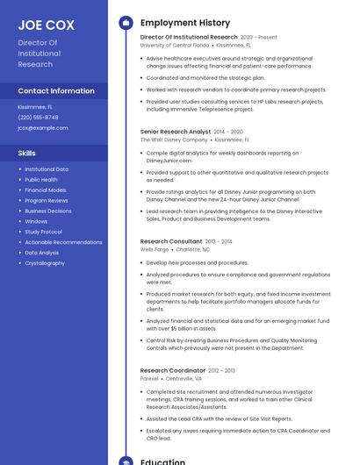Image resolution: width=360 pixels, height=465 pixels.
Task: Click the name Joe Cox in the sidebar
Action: [46, 25]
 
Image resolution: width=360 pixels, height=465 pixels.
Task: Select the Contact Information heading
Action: [56, 90]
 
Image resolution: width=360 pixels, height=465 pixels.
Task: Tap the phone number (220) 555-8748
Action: [38, 117]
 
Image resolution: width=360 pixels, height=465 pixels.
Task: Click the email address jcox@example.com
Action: [42, 127]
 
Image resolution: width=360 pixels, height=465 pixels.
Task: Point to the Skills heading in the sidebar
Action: [26, 153]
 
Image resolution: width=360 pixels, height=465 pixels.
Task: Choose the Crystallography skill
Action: [45, 263]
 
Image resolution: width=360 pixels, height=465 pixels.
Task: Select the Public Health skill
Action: [41, 179]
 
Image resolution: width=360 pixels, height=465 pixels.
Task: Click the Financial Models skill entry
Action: [46, 190]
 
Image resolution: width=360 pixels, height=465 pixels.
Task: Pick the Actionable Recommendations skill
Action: [63, 242]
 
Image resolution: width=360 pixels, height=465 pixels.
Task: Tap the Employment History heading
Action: [185, 23]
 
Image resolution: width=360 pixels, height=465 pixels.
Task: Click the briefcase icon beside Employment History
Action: [126, 23]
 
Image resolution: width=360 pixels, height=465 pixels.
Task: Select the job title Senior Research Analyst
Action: [175, 132]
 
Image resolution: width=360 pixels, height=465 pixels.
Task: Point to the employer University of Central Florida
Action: [175, 44]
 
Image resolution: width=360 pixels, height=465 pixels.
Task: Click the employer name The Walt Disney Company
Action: [174, 139]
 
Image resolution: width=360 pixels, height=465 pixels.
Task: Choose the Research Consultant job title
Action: [170, 240]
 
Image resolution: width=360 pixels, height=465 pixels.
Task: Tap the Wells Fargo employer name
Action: [155, 249]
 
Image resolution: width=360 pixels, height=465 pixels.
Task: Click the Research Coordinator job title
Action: [172, 370]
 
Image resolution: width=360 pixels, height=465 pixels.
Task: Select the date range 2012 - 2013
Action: [222, 370]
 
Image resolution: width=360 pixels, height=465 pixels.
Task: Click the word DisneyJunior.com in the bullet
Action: [169, 161]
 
